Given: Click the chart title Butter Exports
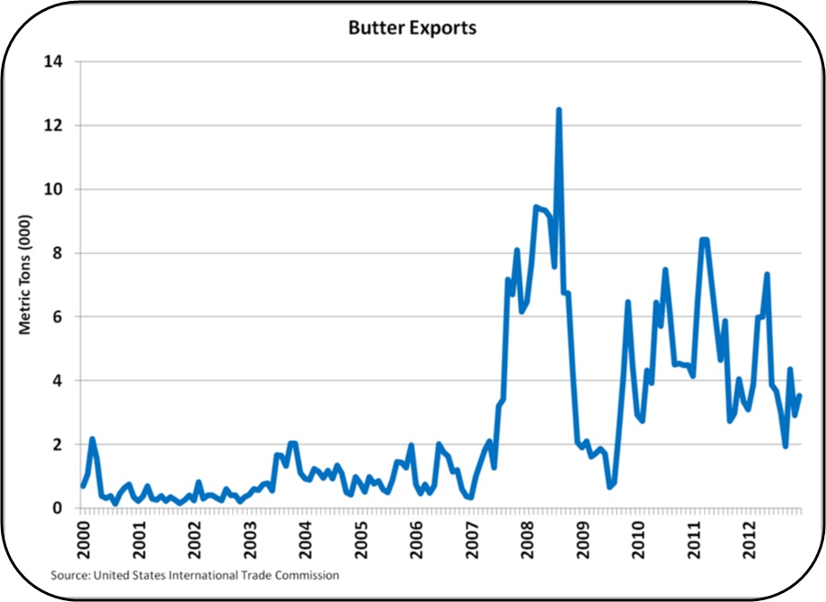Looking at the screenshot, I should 413,28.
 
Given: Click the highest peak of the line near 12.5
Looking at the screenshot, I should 559,110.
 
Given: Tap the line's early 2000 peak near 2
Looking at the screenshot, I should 92,439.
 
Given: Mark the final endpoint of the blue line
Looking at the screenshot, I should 799,395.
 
